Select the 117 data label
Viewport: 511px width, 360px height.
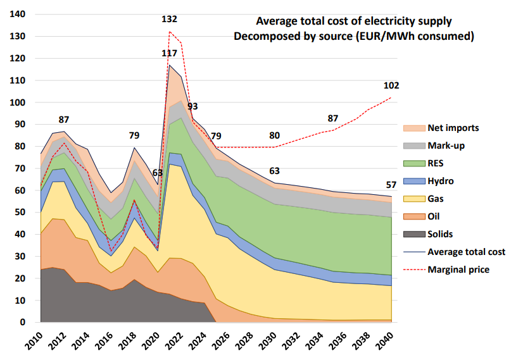click(169, 53)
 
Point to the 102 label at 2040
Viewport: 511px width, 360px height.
click(391, 86)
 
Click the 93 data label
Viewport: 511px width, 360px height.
click(192, 106)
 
